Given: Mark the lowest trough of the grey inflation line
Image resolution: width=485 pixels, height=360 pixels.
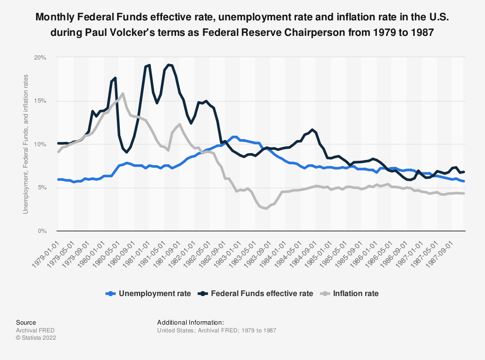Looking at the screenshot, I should (x=266, y=208).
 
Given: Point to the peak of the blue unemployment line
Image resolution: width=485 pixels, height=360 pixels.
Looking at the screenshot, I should (x=235, y=137).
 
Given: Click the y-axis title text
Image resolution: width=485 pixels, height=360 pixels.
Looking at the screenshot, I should (x=26, y=144).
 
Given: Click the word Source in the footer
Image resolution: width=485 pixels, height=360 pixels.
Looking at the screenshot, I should (x=26, y=322).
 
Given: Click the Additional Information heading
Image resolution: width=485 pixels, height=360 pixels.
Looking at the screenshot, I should (x=190, y=322).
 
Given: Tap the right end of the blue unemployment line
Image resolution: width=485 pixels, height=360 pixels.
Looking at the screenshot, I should (x=464, y=181).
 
